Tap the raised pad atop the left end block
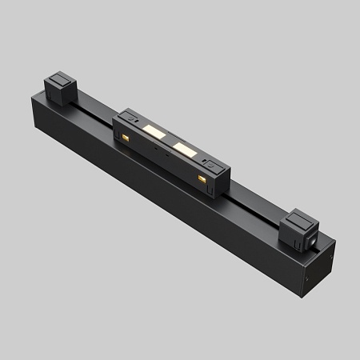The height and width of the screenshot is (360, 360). pos(59,78)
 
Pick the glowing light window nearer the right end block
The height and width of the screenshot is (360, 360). pos(184,149)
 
